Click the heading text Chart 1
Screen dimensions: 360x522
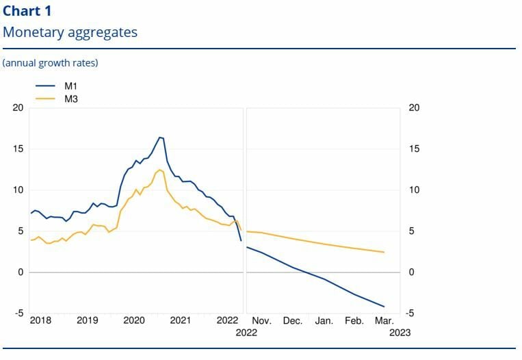[x=27, y=11]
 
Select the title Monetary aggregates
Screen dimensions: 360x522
[x=70, y=32]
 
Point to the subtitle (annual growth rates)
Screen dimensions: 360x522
[x=51, y=63]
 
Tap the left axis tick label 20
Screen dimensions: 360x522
[x=18, y=108]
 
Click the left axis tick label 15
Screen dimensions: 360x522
[x=18, y=149]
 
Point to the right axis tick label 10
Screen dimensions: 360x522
[x=413, y=190]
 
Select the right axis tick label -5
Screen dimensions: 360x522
[x=413, y=313]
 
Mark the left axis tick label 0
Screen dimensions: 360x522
[x=21, y=272]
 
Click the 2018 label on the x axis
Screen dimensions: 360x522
[x=40, y=320]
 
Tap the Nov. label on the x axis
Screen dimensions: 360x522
[x=262, y=320]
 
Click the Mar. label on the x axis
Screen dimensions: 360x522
[x=384, y=320]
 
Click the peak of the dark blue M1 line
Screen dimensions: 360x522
[x=160, y=138]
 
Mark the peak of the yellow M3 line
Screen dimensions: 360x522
[x=160, y=170]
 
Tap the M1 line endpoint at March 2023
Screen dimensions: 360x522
[x=384, y=307]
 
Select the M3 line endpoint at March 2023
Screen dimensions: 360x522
[x=384, y=253]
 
